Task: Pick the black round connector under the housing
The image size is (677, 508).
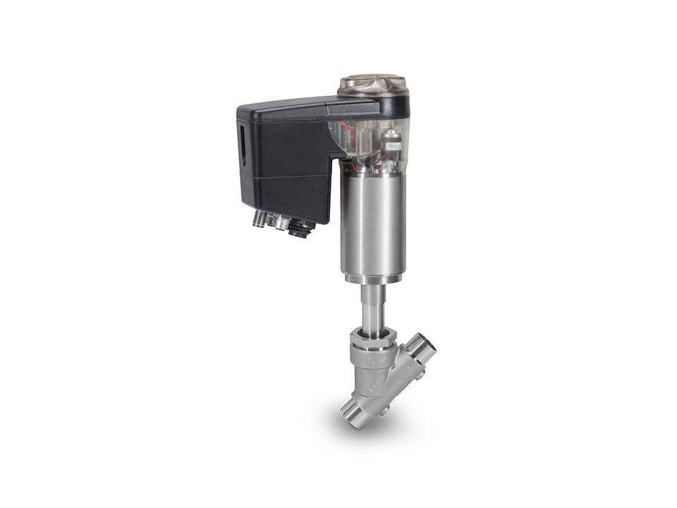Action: tap(301, 228)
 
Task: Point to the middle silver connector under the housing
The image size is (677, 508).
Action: tap(283, 224)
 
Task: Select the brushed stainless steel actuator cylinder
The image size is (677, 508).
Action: tap(374, 226)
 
